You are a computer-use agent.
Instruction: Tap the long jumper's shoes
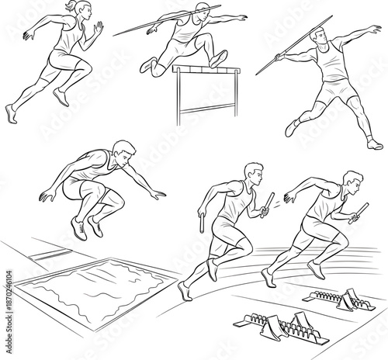pyautogui.click(x=85, y=226)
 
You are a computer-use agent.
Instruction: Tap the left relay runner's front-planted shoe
pyautogui.click(x=183, y=292)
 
